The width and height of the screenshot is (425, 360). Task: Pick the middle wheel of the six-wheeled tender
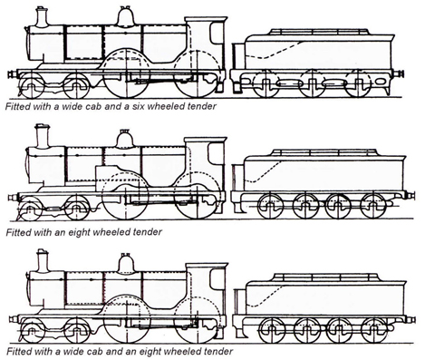311,86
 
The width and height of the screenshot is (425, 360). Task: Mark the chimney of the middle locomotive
40,137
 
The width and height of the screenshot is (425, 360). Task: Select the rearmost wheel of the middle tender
372,205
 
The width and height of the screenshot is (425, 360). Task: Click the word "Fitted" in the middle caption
18,232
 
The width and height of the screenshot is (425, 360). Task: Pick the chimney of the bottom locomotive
41,260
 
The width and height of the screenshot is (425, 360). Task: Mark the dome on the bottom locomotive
125,264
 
